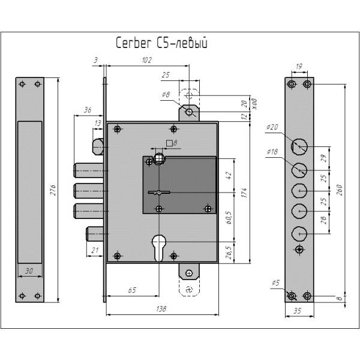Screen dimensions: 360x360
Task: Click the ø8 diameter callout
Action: click(166, 95)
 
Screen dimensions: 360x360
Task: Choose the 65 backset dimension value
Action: click(131, 290)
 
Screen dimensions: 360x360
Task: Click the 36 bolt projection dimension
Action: click(88, 110)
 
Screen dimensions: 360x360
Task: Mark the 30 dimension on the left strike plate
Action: click(29, 271)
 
